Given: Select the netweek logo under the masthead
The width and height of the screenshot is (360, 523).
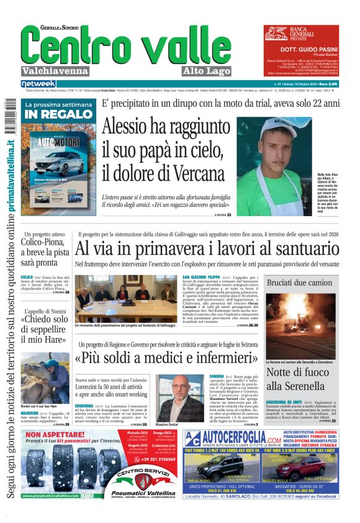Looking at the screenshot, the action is tap(38, 83).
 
